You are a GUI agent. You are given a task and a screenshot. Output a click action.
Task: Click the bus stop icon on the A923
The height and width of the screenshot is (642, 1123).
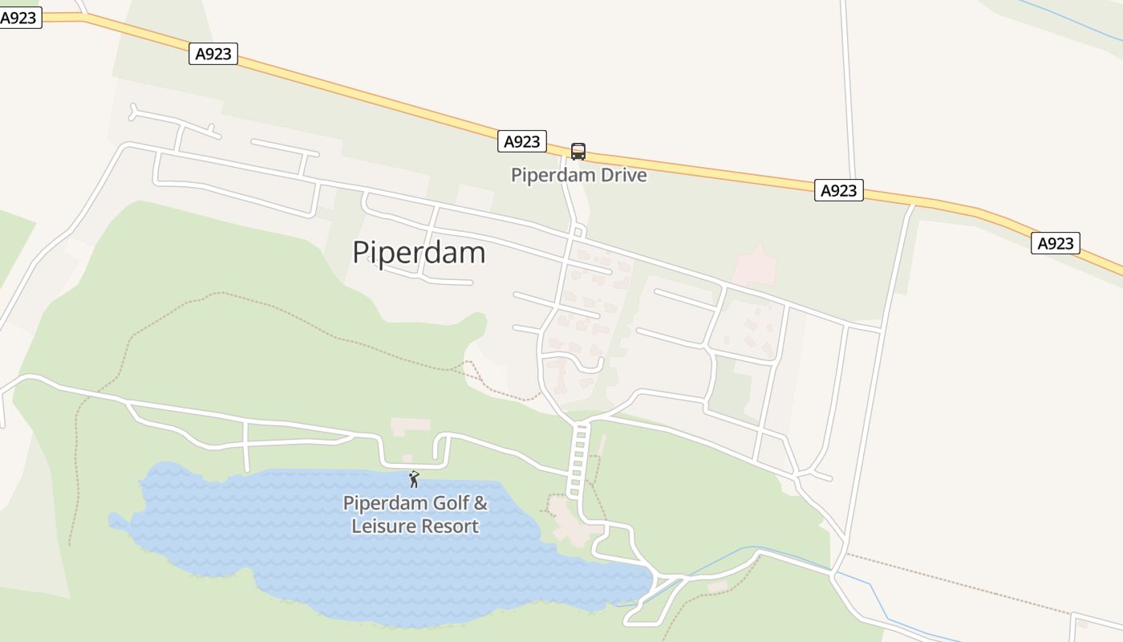tap(578, 151)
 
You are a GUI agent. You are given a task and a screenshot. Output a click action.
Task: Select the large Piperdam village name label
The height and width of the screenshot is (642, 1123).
tap(419, 252)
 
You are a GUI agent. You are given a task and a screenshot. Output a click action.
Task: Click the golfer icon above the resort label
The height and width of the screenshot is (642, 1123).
tap(414, 479)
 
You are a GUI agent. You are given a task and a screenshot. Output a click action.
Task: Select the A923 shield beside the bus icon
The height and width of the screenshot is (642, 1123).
tap(522, 141)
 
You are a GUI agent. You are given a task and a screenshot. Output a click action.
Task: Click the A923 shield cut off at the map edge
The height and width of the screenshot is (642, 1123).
tap(19, 18)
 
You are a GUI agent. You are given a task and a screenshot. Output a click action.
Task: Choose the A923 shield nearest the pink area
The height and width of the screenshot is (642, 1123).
tap(838, 190)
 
